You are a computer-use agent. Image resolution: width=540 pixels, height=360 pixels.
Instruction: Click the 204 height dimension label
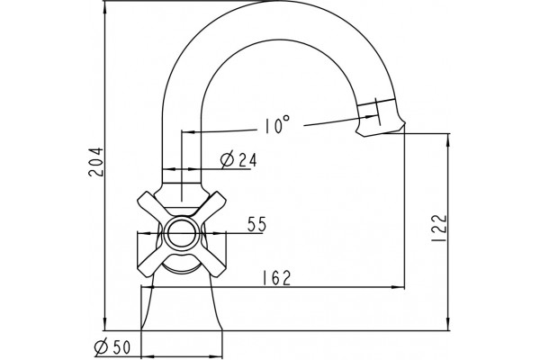click(95, 162)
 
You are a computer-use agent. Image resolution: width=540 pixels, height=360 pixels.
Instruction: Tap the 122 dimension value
click(439, 228)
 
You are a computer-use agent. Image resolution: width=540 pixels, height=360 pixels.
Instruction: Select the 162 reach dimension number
click(277, 278)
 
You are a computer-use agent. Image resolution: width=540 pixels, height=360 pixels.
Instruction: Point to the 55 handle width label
click(256, 224)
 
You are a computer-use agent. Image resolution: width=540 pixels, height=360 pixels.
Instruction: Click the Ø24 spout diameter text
click(238, 159)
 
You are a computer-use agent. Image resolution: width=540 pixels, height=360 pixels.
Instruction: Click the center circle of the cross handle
click(182, 233)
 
